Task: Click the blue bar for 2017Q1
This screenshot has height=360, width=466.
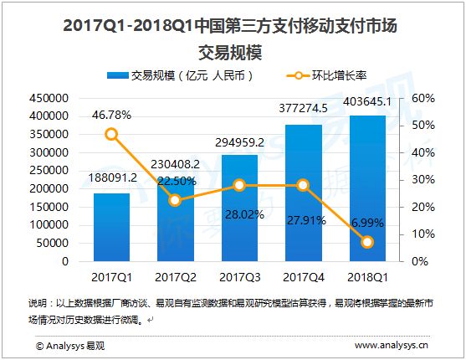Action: pyautogui.click(x=112, y=228)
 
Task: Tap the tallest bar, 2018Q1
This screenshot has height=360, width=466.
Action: pyautogui.click(x=366, y=188)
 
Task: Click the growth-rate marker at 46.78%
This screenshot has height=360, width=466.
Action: pyautogui.click(x=112, y=134)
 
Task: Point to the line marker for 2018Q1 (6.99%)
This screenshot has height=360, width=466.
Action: pyautogui.click(x=366, y=242)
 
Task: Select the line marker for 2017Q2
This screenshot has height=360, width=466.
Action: pyautogui.click(x=176, y=200)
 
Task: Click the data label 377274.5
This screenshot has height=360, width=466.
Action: pyautogui.click(x=303, y=106)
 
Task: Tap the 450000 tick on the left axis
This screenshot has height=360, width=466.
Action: pyautogui.click(x=50, y=98)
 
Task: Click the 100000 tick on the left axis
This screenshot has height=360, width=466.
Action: pyautogui.click(x=50, y=224)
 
